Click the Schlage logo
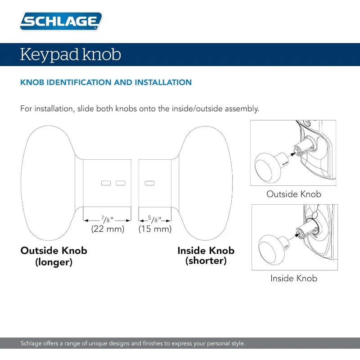pyautogui.click(x=61, y=21)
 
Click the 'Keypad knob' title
pyautogui.click(x=71, y=55)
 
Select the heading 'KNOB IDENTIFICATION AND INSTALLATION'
pyautogui.click(x=106, y=82)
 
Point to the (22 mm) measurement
pyautogui.click(x=107, y=229)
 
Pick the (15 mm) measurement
pyautogui.click(x=155, y=229)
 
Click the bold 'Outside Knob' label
pyautogui.click(x=54, y=251)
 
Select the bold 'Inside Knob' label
pyautogui.click(x=206, y=251)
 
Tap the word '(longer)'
pyautogui.click(x=54, y=262)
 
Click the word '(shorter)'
pyautogui.click(x=206, y=261)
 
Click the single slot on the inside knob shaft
pyautogui.click(x=149, y=183)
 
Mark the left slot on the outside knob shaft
pyautogui.click(x=106, y=183)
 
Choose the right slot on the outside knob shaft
pyautogui.click(x=120, y=183)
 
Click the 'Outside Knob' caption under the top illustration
pyautogui.click(x=293, y=194)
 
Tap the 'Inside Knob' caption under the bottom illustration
pyautogui.click(x=293, y=279)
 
